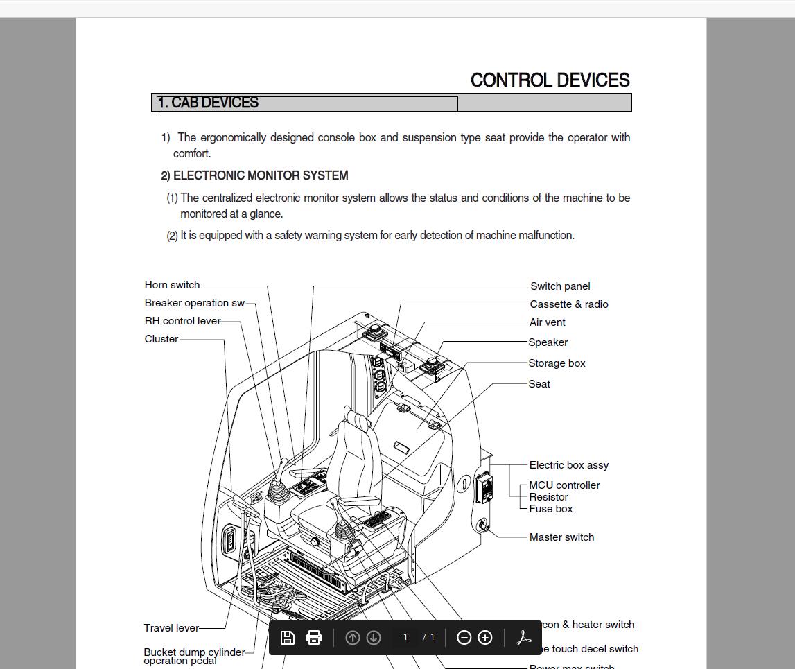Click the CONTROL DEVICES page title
click(550, 80)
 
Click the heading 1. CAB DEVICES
click(208, 103)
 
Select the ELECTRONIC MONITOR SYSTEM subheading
click(260, 175)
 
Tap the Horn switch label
click(172, 285)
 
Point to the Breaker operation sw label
click(194, 303)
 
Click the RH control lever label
click(182, 321)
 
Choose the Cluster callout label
click(161, 339)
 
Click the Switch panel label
click(560, 286)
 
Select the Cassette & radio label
click(568, 304)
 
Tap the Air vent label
click(547, 322)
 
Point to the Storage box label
click(557, 363)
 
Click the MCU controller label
click(564, 485)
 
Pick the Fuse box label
click(550, 509)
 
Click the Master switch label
click(561, 537)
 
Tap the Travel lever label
click(171, 628)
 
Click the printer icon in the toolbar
click(314, 638)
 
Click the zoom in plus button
click(485, 638)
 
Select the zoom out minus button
click(464, 638)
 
